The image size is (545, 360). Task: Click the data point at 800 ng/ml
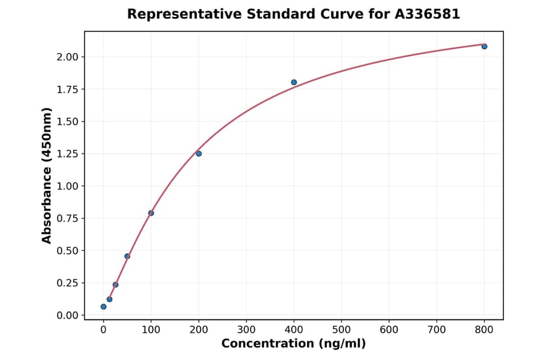[x=484, y=47]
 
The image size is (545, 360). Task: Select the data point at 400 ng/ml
[x=294, y=82]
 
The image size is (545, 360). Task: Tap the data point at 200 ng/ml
[x=199, y=154]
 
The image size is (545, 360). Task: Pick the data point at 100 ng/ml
[x=151, y=213]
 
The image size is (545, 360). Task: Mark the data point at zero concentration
[x=104, y=307]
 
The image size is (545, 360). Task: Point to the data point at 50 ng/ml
[x=127, y=256]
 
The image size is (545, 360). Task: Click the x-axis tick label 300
[x=246, y=330]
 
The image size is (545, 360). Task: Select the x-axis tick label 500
[x=342, y=330]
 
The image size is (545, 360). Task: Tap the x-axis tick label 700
[x=437, y=330]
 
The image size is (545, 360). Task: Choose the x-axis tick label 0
[x=104, y=330]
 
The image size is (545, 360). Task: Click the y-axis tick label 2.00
[x=68, y=57]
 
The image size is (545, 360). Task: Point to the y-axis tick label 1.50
[x=68, y=122]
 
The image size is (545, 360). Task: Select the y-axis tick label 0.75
[x=68, y=219]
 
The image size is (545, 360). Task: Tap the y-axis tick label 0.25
[x=68, y=283]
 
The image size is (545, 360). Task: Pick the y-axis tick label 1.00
[x=68, y=186]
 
